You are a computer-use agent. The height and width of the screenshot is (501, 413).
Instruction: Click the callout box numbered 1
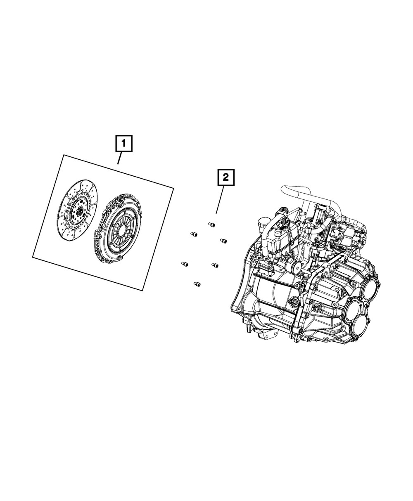[x=124, y=144]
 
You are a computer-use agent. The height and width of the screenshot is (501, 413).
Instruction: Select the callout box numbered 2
[x=226, y=178]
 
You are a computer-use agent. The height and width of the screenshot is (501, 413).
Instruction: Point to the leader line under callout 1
[x=120, y=158]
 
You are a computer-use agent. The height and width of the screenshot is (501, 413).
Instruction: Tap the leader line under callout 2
[x=220, y=200]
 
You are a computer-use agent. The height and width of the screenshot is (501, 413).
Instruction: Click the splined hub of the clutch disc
[x=80, y=211]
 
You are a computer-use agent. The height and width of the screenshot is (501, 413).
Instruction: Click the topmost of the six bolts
[x=211, y=225]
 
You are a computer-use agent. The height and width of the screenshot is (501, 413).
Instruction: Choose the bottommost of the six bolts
[x=197, y=284]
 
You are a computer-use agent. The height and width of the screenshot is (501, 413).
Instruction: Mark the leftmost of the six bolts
[x=185, y=264]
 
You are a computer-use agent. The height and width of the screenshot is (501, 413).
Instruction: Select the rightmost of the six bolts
[x=223, y=241]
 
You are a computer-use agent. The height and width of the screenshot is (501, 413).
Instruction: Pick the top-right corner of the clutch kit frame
[x=173, y=189]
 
